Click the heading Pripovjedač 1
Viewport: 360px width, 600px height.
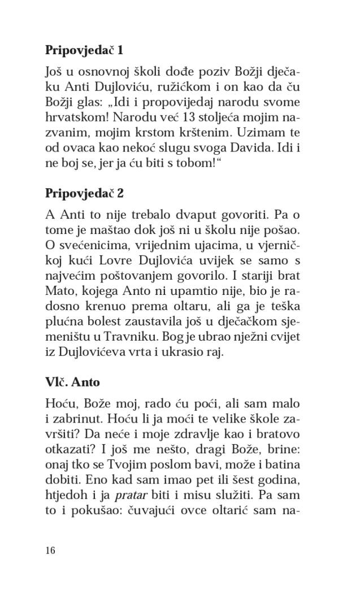(84, 50)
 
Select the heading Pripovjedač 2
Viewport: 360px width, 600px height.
(84, 193)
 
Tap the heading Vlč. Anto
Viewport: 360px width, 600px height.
(72, 382)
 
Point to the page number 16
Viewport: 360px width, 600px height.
(50, 550)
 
